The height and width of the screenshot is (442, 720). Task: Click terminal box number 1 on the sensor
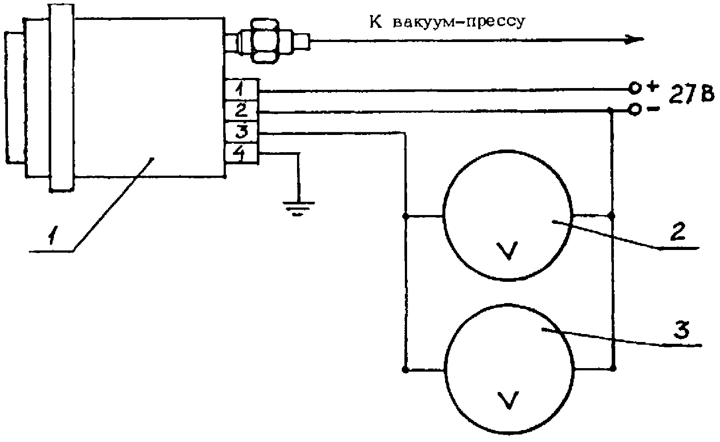pos(240,91)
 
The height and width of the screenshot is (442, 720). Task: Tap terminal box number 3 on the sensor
pos(240,131)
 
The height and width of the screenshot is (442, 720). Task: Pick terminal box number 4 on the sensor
pos(240,153)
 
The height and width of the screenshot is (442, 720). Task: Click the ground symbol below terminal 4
pos(299,208)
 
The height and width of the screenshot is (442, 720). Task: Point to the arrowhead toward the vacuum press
pos(634,40)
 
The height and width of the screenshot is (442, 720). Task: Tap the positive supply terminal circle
pos(635,88)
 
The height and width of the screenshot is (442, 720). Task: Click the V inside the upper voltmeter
pos(508,251)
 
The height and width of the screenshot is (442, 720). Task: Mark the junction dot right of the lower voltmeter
pos(612,367)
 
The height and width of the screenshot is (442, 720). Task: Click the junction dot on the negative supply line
pos(610,109)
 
